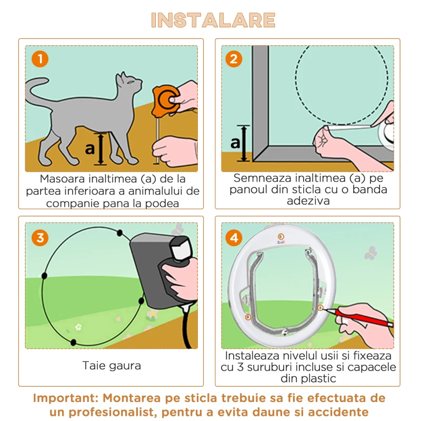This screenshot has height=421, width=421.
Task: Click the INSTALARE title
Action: pyautogui.click(x=213, y=20)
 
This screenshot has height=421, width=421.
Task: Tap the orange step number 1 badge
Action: pyautogui.click(x=40, y=59)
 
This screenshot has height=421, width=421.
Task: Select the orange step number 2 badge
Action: pyautogui.click(x=234, y=59)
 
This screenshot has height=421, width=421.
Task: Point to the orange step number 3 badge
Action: pyautogui.click(x=40, y=238)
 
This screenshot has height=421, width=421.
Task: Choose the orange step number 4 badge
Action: pyautogui.click(x=234, y=238)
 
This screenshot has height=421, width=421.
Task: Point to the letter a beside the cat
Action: pyautogui.click(x=90, y=148)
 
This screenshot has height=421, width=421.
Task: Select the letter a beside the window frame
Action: pyautogui.click(x=235, y=143)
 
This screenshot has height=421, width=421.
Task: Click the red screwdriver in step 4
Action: pyautogui.click(x=358, y=317)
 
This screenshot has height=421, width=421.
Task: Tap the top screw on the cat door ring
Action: pyautogui.click(x=281, y=236)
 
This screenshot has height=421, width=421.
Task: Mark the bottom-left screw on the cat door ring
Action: pyautogui.click(x=248, y=317)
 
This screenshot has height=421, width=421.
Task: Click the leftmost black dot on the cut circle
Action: pyautogui.click(x=45, y=276)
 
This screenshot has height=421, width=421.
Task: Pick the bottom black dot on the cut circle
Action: pyautogui.click(x=73, y=343)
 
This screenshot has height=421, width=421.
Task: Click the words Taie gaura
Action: pyautogui.click(x=112, y=366)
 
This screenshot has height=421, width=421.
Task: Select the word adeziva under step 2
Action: pyautogui.click(x=308, y=201)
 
